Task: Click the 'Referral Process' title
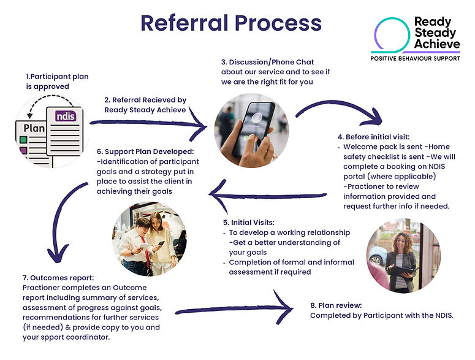click(x=231, y=23)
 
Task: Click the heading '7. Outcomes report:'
click(x=61, y=278)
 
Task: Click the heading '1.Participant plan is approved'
click(x=57, y=82)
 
